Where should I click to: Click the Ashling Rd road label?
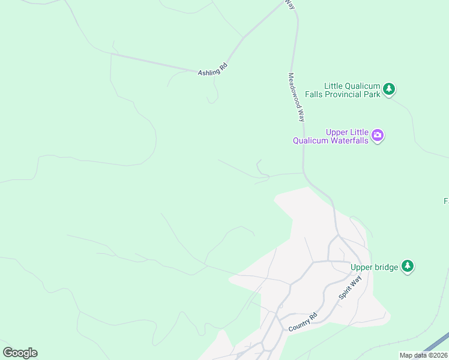click(213, 70)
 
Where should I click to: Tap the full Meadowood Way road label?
click(297, 98)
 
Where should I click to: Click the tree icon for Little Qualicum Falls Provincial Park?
click(390, 89)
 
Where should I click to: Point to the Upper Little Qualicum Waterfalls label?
click(330, 136)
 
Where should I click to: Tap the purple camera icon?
click(378, 135)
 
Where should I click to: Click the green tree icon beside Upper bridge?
click(408, 266)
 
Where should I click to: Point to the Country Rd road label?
click(302, 323)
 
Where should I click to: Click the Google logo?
click(20, 353)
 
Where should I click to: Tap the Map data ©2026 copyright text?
click(424, 355)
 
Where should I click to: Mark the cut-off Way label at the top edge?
click(291, 4)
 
